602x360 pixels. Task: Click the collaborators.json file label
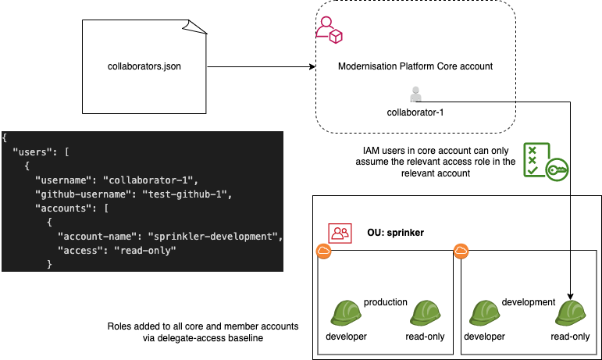(x=144, y=66)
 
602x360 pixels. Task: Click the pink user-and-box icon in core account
(x=329, y=29)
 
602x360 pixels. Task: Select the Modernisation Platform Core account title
(x=415, y=66)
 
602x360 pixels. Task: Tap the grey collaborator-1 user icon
(x=415, y=94)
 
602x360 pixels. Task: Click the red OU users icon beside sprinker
(x=340, y=233)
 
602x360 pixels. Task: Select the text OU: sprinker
(x=395, y=233)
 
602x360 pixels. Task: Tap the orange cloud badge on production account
(x=322, y=251)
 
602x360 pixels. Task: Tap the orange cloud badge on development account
(x=461, y=251)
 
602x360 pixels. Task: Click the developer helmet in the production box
(x=346, y=313)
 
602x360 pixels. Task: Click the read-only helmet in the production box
(x=426, y=313)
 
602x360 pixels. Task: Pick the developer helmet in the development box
(x=484, y=313)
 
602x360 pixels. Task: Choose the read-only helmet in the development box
(x=570, y=313)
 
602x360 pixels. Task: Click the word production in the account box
(x=386, y=301)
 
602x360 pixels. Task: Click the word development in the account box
(x=528, y=301)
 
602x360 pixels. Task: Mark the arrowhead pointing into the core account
(x=311, y=66)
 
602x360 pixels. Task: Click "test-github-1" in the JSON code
(x=193, y=193)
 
